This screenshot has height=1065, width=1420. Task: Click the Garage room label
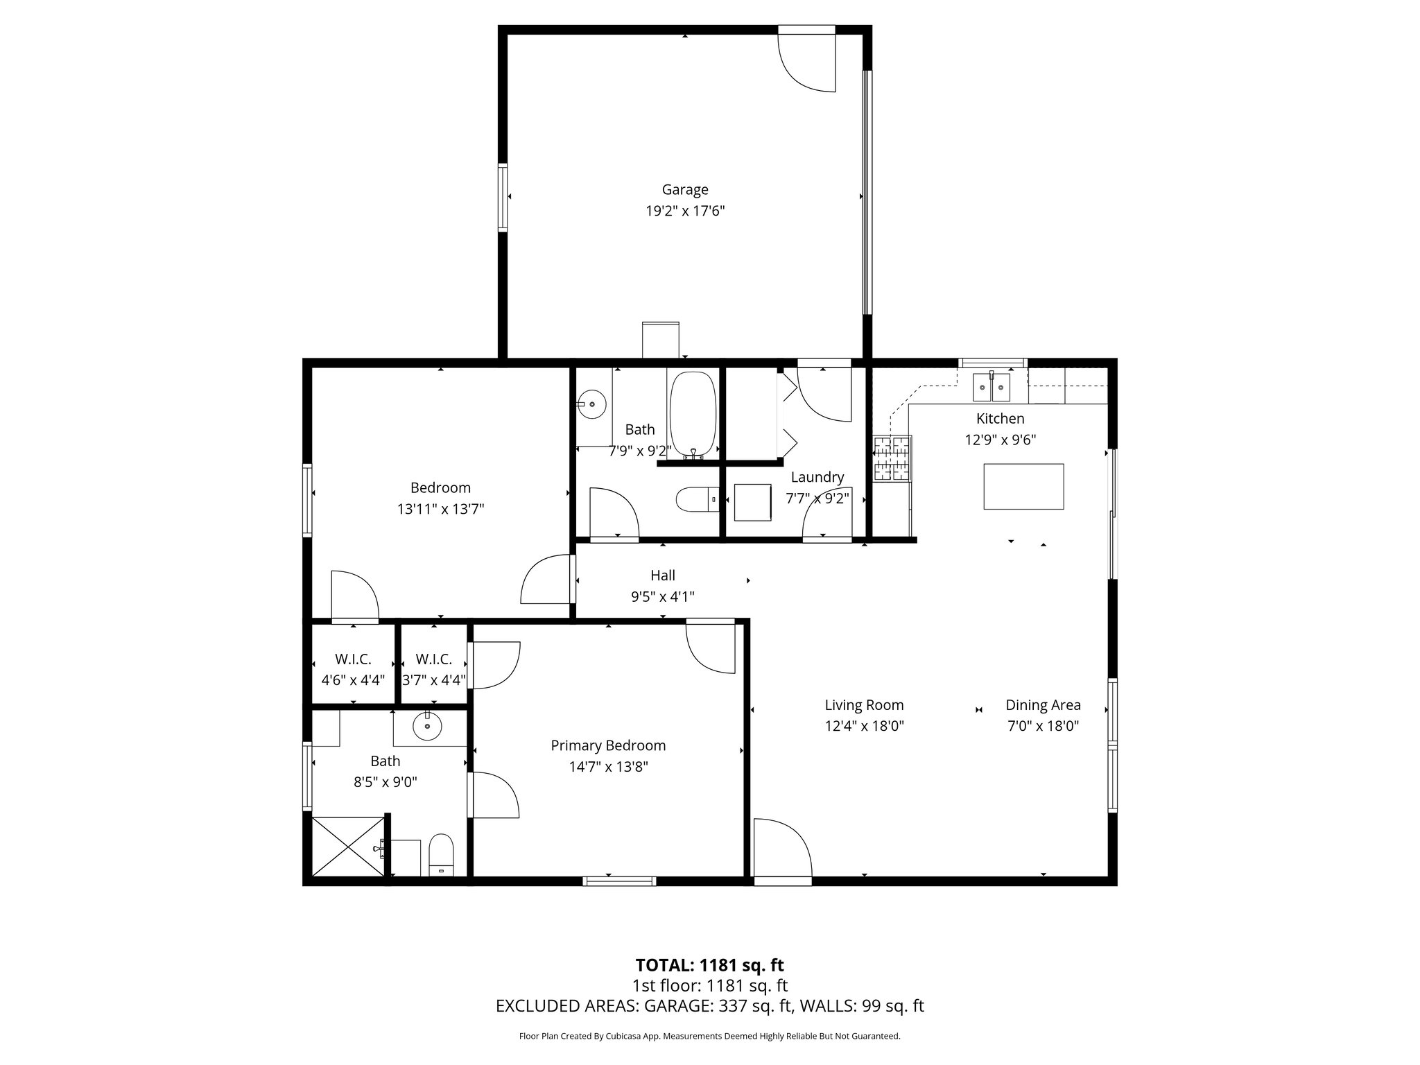tap(684, 189)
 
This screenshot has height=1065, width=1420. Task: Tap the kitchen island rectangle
tap(1023, 486)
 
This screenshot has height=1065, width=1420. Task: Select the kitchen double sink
tap(992, 387)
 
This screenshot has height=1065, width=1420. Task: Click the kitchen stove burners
tap(892, 458)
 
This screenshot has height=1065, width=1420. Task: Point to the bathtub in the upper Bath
tap(692, 413)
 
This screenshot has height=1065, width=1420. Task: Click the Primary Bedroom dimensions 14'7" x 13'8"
tap(608, 767)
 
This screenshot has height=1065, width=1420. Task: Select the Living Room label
tap(864, 705)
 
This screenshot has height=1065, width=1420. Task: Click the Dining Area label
tap(1043, 705)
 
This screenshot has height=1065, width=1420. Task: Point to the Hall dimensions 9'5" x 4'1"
tap(662, 596)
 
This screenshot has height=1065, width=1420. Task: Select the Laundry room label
tap(817, 477)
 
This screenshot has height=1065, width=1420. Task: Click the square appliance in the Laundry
tap(752, 502)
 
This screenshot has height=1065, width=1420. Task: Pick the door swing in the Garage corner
tap(808, 62)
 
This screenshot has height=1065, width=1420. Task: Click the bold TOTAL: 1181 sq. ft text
tap(709, 965)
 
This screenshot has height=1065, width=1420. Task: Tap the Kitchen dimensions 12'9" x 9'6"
tap(1000, 440)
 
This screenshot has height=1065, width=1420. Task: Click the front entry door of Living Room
tap(782, 849)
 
